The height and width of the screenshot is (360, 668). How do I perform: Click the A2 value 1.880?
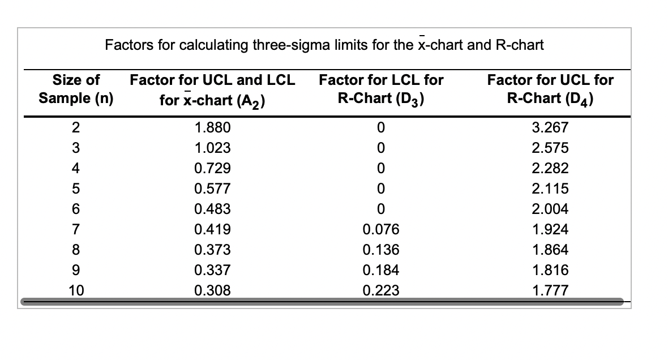pyautogui.click(x=212, y=127)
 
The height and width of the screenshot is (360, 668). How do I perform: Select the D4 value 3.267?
pyautogui.click(x=550, y=127)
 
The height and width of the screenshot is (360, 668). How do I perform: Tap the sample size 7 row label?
pyautogui.click(x=75, y=229)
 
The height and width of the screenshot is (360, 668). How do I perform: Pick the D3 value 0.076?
pyautogui.click(x=381, y=229)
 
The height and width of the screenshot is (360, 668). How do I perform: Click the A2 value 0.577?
pyautogui.click(x=212, y=188)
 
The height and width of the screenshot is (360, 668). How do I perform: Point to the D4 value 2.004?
pyautogui.click(x=550, y=209)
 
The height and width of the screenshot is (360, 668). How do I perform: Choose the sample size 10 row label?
pyautogui.click(x=76, y=290)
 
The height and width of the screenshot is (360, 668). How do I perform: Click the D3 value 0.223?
pyautogui.click(x=381, y=290)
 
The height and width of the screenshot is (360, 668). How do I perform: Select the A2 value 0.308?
pyautogui.click(x=212, y=290)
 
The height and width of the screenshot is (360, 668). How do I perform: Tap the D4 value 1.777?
pyautogui.click(x=550, y=290)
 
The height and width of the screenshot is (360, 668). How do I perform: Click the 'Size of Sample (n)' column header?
pyautogui.click(x=76, y=89)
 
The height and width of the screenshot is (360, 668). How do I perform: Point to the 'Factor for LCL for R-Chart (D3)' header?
pyautogui.click(x=381, y=89)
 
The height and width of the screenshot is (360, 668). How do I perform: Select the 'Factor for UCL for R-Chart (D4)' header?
pyautogui.click(x=550, y=89)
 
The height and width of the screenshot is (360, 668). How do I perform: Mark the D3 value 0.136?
pyautogui.click(x=381, y=250)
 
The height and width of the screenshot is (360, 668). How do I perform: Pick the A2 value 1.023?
pyautogui.click(x=212, y=148)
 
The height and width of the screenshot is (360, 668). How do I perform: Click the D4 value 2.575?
pyautogui.click(x=550, y=148)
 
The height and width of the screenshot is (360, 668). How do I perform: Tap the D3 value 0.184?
pyautogui.click(x=381, y=270)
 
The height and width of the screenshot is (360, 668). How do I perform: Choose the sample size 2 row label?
pyautogui.click(x=75, y=127)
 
